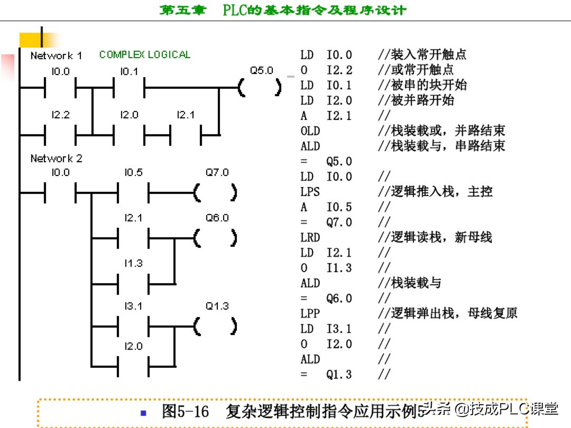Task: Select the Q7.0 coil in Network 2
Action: [x=215, y=192]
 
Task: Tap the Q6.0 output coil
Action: [x=215, y=238]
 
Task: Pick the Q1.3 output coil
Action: [x=215, y=326]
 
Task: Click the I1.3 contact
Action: [x=133, y=284]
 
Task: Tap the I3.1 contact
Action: [x=133, y=326]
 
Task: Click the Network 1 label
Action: [x=56, y=55]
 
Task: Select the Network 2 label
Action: [x=56, y=158]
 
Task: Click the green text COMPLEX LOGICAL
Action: [x=145, y=54]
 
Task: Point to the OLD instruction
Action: [x=310, y=131]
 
